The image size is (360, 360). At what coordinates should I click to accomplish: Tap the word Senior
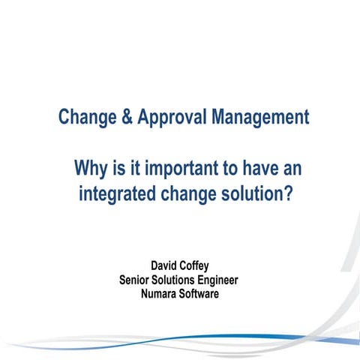(137, 280)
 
